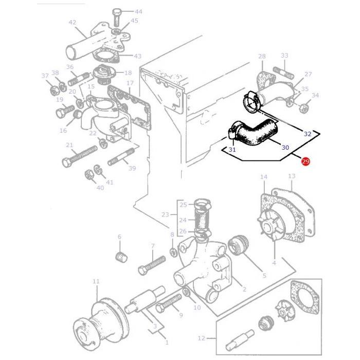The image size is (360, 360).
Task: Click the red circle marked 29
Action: click(x=305, y=162)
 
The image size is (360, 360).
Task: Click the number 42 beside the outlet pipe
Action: click(x=72, y=22)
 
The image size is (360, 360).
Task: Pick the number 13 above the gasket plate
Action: click(x=292, y=176)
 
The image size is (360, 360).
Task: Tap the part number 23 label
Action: click(x=165, y=215)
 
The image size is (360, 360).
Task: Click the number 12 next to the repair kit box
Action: click(x=201, y=338)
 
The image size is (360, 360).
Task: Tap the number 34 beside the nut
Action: click(x=315, y=95)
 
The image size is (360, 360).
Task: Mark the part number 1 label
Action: click(x=166, y=343)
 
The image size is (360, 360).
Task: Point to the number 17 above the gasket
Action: click(x=130, y=83)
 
